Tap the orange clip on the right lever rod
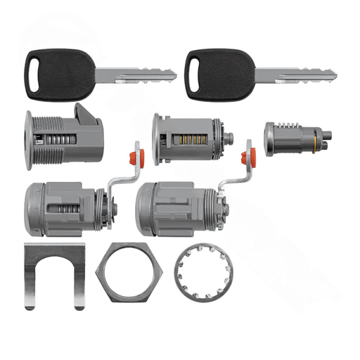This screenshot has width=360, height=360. (248, 155)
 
